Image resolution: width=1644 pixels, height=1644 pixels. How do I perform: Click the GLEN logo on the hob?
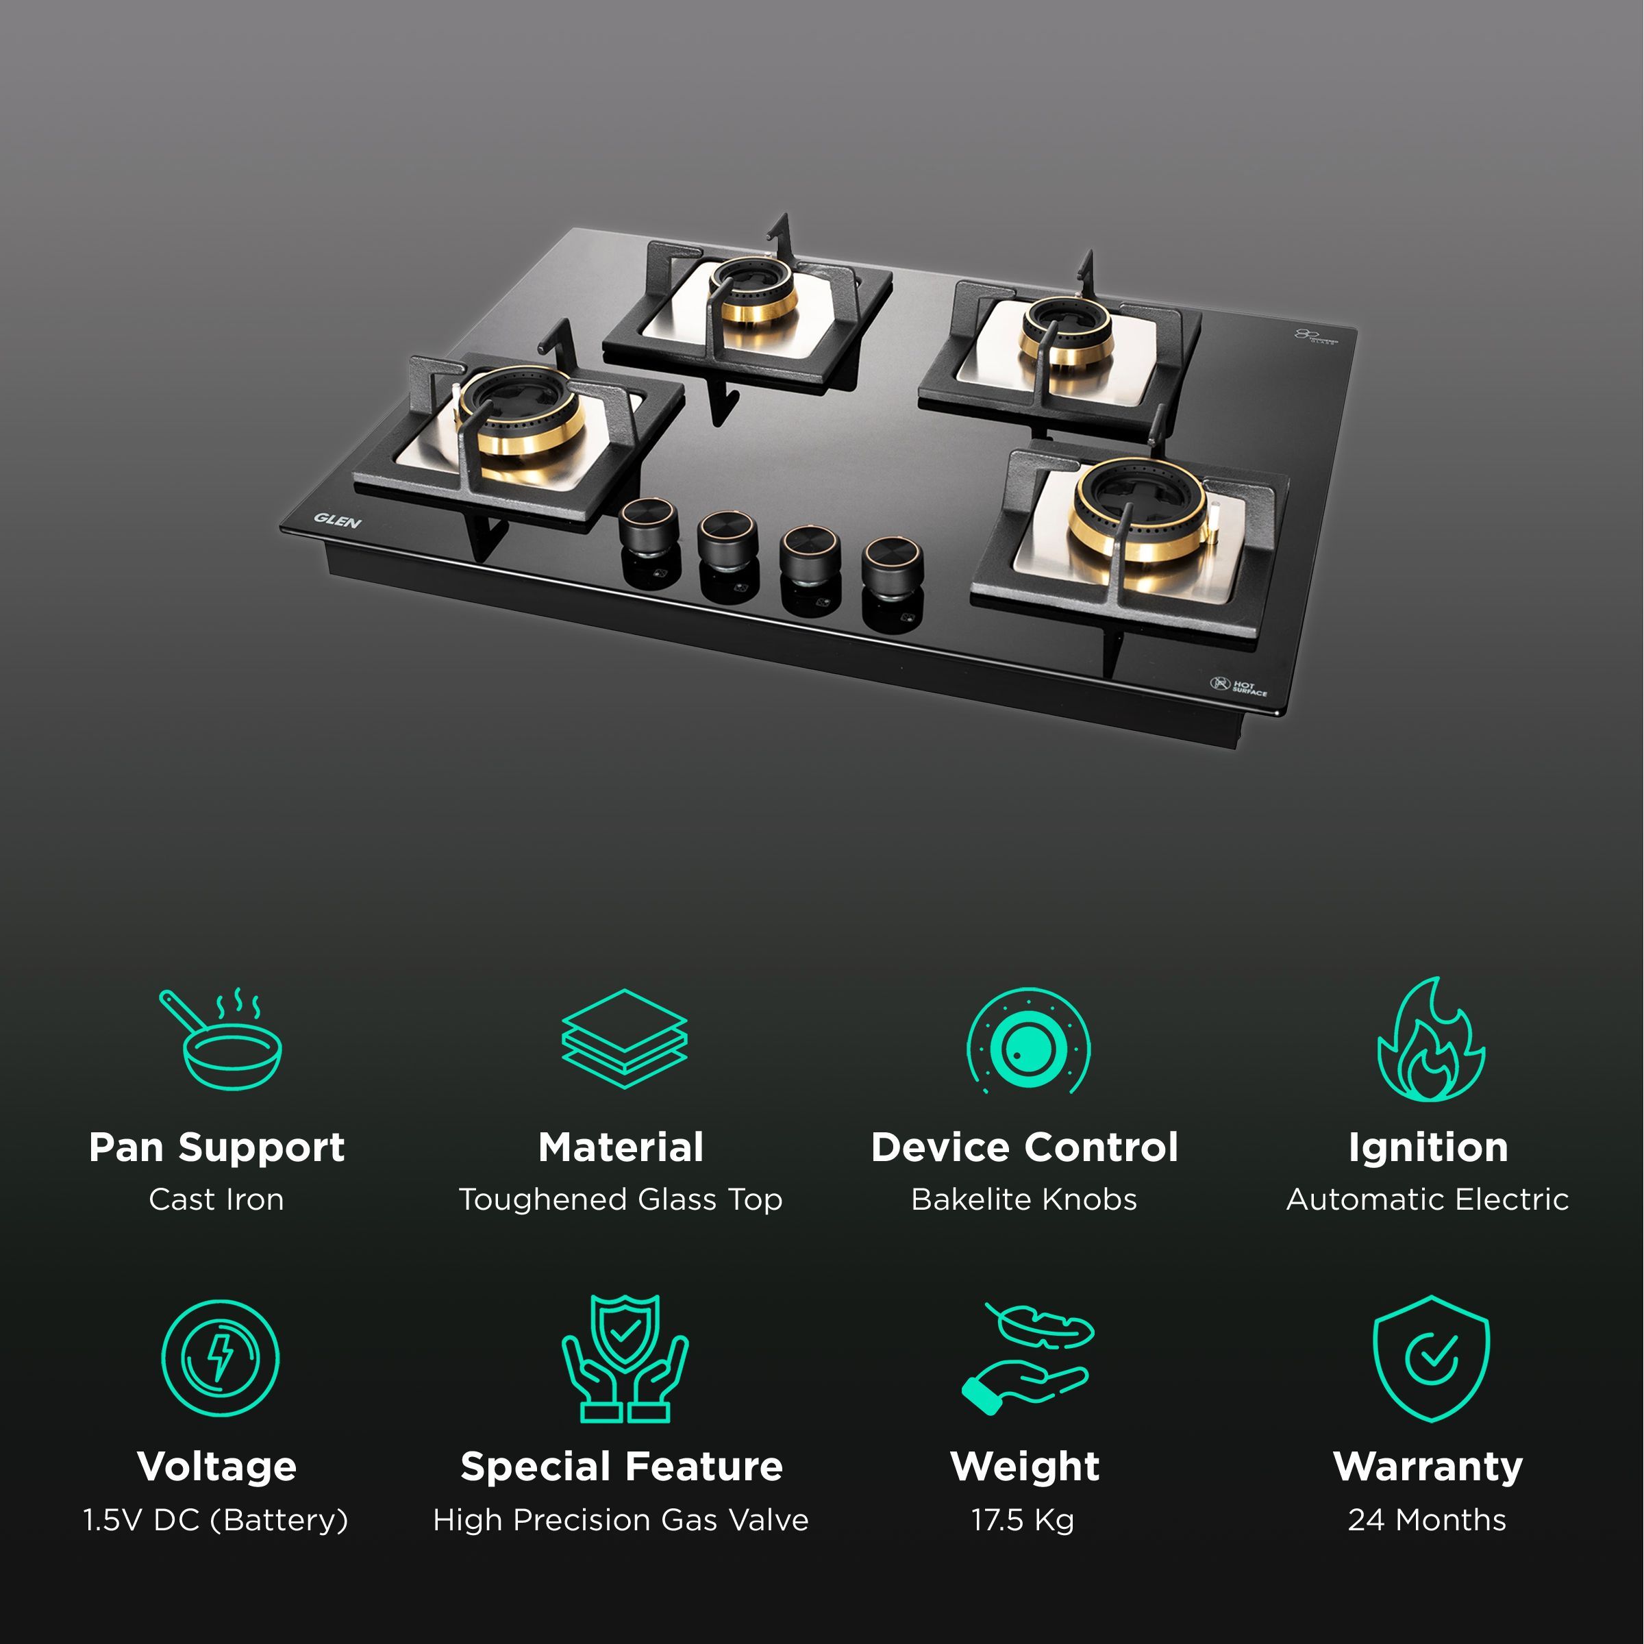tap(338, 521)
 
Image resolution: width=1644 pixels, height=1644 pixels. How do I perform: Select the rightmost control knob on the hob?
tap(891, 561)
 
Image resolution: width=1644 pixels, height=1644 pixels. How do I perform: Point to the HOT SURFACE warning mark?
tap(1239, 686)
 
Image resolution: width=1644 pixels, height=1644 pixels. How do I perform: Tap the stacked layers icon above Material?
tap(624, 1038)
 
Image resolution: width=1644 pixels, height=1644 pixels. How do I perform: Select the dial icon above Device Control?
tap(1028, 1041)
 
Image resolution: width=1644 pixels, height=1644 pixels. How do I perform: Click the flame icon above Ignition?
tap(1430, 1040)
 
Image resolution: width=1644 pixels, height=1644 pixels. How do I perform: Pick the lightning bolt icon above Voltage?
tap(221, 1358)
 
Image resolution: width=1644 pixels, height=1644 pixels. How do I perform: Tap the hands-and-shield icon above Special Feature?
tap(625, 1358)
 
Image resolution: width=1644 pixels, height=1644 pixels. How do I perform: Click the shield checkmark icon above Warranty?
tap(1430, 1358)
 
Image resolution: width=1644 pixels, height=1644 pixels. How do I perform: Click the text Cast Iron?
tap(217, 1199)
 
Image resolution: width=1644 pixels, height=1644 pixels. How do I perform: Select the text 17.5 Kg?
tap(1023, 1520)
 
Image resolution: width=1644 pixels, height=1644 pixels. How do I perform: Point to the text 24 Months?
tap(1427, 1520)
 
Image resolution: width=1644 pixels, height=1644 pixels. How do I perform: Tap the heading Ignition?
tap(1428, 1147)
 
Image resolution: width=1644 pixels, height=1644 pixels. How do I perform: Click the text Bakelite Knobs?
tap(1023, 1199)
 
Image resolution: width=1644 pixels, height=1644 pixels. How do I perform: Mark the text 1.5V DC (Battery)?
tap(216, 1520)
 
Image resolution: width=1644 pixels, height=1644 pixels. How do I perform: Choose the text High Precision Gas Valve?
tap(621, 1520)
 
